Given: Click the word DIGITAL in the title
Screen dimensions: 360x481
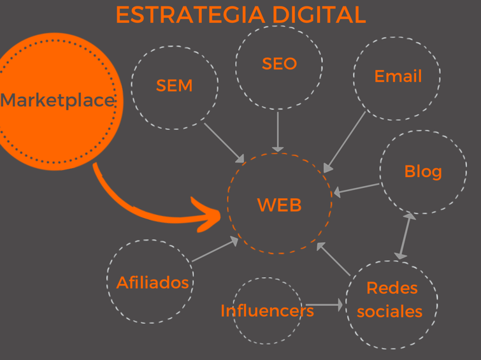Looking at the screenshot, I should pos(317,15).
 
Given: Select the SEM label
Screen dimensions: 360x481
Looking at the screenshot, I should pos(174,85).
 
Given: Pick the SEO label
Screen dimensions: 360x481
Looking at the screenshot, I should pos(279,64).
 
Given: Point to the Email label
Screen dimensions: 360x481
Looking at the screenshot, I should pos(398,76).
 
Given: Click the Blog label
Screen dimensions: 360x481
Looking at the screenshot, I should pos(422,171).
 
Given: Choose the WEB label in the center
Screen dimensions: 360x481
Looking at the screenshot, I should pos(279,205).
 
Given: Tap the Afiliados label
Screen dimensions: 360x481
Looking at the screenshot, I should pos(153,282).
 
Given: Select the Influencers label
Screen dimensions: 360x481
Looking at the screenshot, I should pos(267,310).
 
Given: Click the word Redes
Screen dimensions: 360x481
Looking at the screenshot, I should pos(391,288).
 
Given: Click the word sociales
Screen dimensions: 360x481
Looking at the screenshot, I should pos(390,311).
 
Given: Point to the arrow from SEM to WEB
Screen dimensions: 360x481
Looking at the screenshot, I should pos(224,142).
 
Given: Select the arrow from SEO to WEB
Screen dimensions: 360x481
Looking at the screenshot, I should pos(278,131).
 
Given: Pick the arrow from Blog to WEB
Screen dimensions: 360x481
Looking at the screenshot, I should pos(357,189).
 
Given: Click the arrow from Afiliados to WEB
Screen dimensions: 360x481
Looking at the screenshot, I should pos(215,250).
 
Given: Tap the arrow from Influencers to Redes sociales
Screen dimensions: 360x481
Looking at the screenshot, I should pos(324,305).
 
